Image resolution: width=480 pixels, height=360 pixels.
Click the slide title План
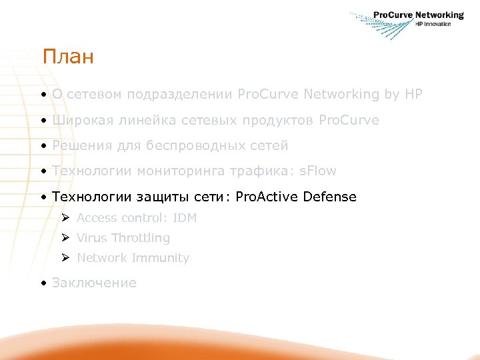pos(68,57)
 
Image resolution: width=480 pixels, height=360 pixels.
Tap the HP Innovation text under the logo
pos(433,24)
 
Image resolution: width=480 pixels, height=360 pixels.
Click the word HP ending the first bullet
pos(413,95)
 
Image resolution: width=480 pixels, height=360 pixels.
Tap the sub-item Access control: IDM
pos(136,218)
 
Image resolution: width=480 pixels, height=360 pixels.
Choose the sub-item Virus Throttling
pos(123,238)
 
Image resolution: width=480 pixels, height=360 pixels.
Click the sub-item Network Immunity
pos(133,258)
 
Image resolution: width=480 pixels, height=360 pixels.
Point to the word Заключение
pos(94,283)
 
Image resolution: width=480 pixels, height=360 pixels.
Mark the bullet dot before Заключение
pos(42,283)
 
